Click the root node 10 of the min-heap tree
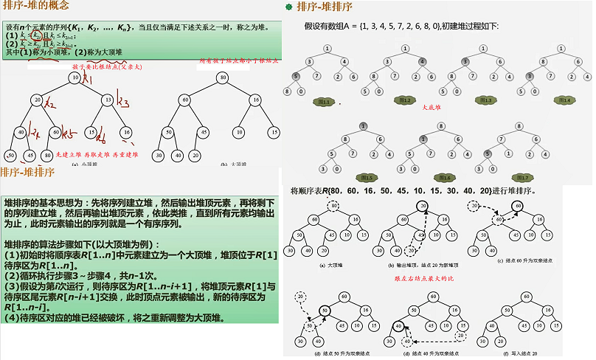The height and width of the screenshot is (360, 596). pyautogui.click(x=75, y=78)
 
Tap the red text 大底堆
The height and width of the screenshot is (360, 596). pyautogui.click(x=431, y=107)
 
